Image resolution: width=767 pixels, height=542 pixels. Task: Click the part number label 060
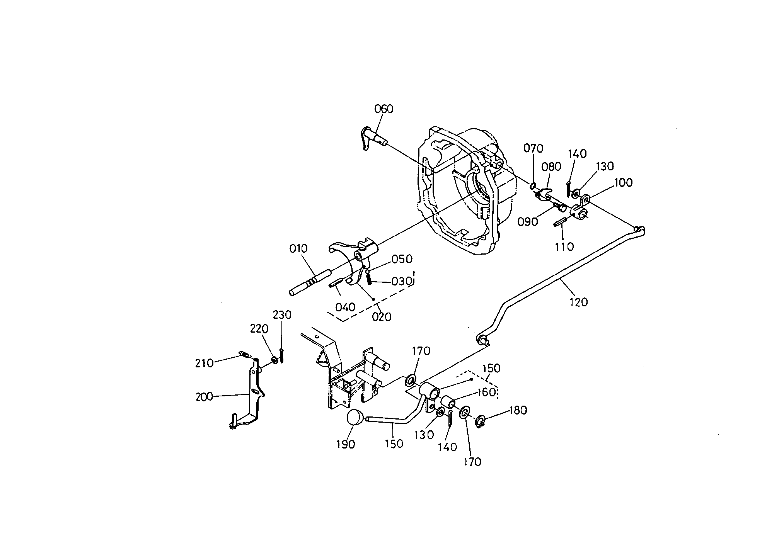coord(383,109)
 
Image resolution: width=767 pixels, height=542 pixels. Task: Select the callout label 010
coord(298,248)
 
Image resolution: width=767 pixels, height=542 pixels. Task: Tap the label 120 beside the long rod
coord(578,302)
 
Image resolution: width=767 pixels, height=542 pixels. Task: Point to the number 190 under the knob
coord(345,445)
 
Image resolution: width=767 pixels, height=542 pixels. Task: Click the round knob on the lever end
coord(356,418)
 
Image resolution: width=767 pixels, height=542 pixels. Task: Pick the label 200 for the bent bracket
coord(204,397)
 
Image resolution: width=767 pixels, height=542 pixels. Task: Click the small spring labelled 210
coord(243,354)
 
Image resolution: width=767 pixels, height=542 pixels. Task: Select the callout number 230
coord(282,315)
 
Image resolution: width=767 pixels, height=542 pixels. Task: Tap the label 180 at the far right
coord(518,410)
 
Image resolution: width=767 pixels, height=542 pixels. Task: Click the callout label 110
coord(564,246)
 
